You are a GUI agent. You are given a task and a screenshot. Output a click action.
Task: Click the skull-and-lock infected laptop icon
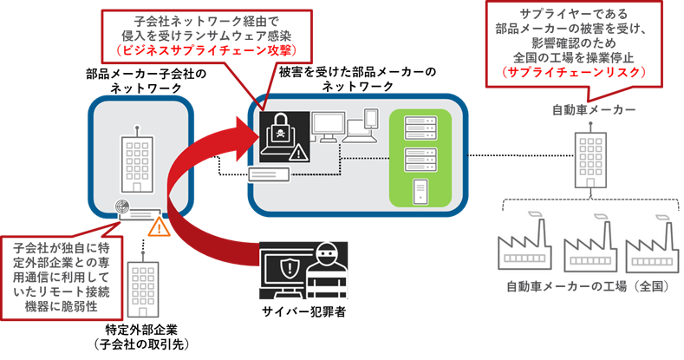[x=281, y=135]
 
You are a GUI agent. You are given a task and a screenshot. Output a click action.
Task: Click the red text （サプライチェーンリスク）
[x=575, y=75]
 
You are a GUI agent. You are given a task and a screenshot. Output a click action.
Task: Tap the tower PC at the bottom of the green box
[x=420, y=189]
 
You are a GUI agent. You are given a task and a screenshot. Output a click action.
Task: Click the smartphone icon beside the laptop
[x=370, y=119]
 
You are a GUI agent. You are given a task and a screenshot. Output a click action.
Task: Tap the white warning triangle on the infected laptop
[x=298, y=154]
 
